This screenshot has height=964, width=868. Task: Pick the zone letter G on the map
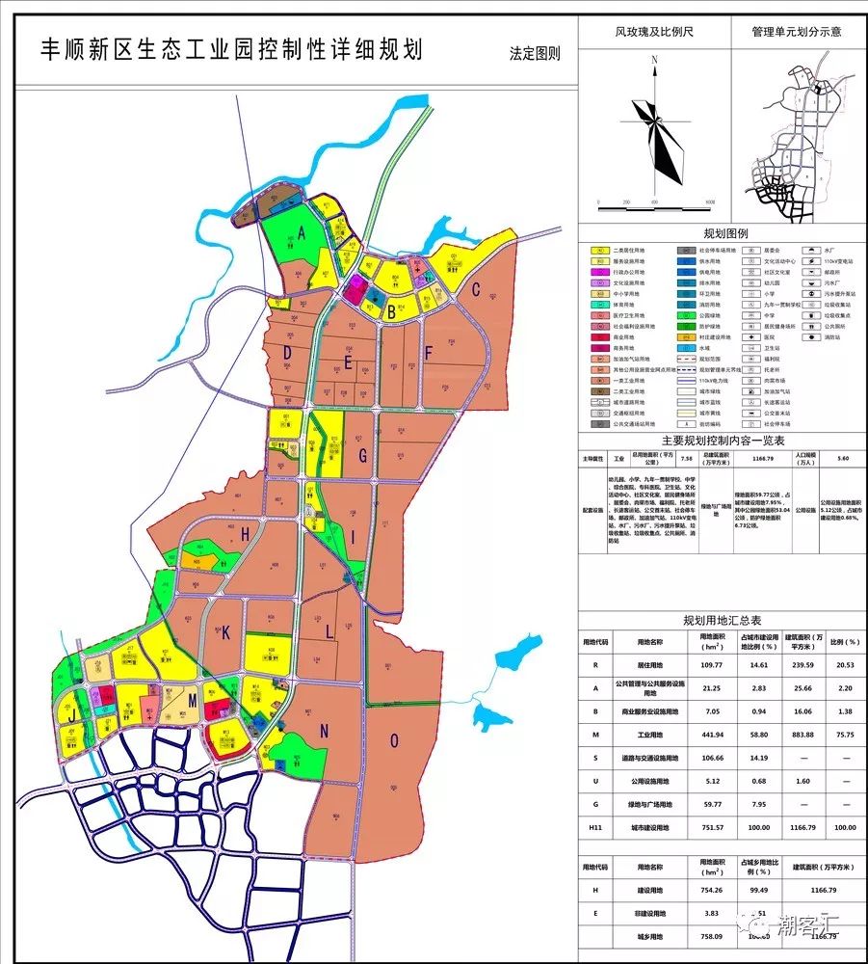pyautogui.click(x=362, y=456)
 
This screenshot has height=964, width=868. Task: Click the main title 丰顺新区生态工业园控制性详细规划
pyautogui.click(x=231, y=50)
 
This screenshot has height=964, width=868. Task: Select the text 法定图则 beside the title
pyautogui.click(x=535, y=54)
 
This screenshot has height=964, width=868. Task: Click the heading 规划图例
pyautogui.click(x=725, y=234)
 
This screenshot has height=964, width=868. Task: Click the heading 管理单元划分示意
pyautogui.click(x=796, y=31)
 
